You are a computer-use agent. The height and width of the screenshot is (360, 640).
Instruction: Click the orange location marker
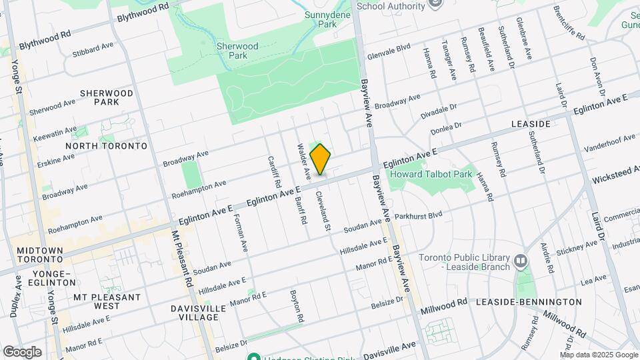(x=320, y=160)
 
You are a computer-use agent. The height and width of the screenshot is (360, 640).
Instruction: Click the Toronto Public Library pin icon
(x=521, y=259)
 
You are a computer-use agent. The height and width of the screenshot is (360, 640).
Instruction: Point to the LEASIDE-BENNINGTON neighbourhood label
(x=529, y=302)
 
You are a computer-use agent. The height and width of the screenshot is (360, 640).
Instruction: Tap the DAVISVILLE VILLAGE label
(x=194, y=313)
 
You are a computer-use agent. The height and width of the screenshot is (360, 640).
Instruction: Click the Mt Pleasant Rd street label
(x=182, y=259)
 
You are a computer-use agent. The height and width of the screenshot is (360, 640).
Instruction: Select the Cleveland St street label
(x=323, y=211)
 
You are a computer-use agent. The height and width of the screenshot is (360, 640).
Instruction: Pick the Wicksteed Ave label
(x=615, y=175)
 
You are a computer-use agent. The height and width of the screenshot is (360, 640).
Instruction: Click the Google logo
(x=22, y=351)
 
